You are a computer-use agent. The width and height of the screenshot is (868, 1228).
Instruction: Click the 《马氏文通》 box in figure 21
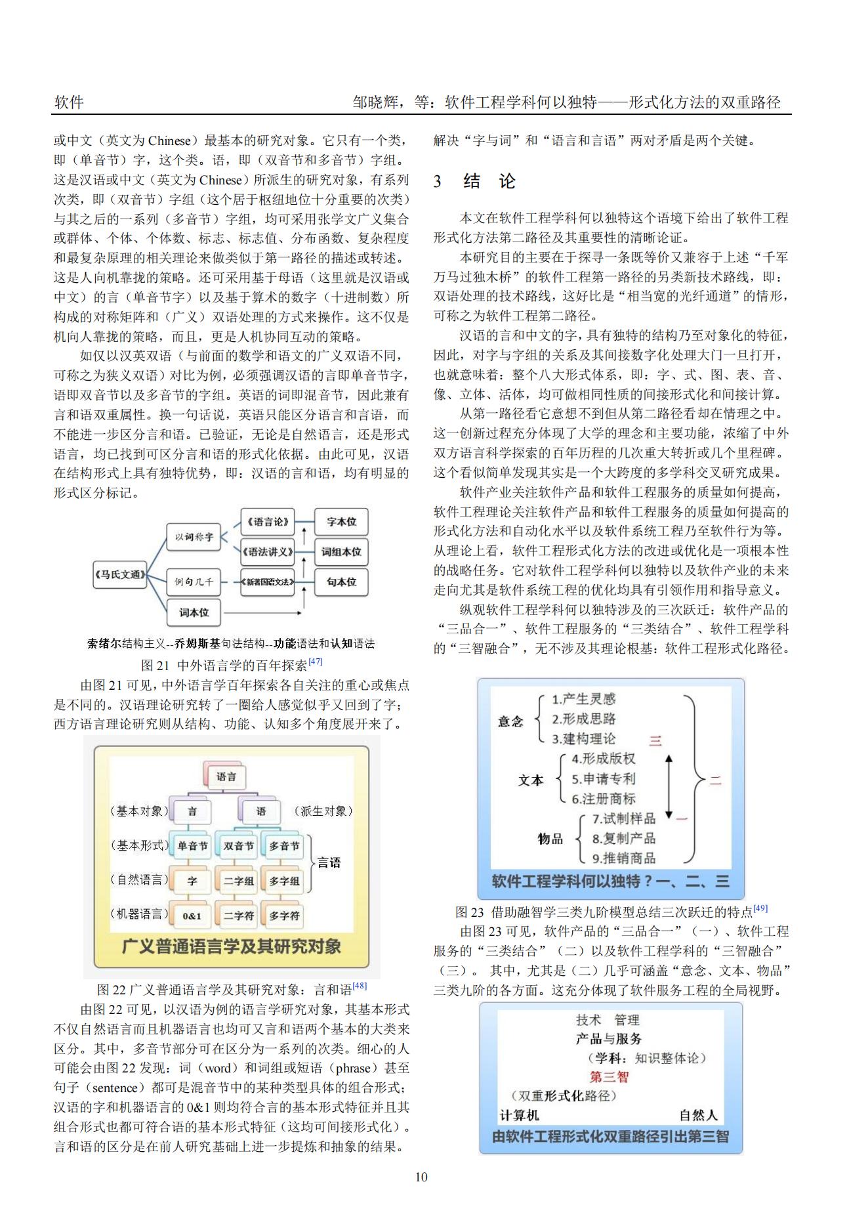click(x=120, y=574)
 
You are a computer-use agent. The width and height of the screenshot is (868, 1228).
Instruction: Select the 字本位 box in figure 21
click(x=341, y=522)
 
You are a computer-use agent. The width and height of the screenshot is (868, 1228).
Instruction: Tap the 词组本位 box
click(x=341, y=552)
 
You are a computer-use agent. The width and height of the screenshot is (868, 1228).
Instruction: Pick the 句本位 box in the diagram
click(x=341, y=582)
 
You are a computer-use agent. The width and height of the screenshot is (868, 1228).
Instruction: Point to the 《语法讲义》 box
click(x=267, y=552)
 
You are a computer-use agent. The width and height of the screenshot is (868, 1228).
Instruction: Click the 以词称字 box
click(x=194, y=537)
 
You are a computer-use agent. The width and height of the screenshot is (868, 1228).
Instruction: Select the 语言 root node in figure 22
click(x=226, y=776)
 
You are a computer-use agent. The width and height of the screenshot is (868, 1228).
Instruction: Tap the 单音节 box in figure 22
click(x=192, y=846)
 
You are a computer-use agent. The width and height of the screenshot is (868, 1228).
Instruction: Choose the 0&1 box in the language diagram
click(x=192, y=916)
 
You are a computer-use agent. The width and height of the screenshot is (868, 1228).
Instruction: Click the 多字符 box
click(x=284, y=916)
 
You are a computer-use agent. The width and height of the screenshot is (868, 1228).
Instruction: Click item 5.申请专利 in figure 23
click(x=603, y=779)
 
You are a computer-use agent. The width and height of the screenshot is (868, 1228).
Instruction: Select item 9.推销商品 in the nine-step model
click(x=623, y=858)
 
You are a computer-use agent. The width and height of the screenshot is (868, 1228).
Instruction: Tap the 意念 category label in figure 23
click(x=510, y=721)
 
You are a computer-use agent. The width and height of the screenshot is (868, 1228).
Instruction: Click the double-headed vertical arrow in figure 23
click(x=669, y=786)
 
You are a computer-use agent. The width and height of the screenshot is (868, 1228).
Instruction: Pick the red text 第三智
click(x=608, y=1076)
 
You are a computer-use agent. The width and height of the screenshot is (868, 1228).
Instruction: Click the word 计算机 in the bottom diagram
click(x=519, y=1115)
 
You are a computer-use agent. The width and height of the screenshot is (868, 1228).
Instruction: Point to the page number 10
click(x=421, y=1177)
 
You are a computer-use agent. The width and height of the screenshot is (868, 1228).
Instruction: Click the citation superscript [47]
click(x=316, y=662)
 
